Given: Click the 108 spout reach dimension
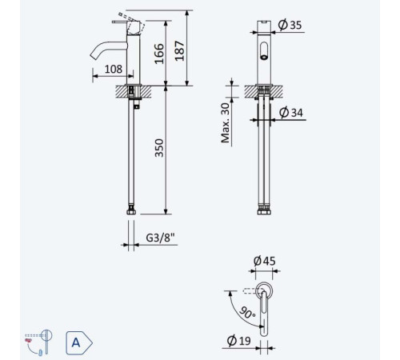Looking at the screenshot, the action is click(114, 70).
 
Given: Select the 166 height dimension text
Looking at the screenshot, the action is click(159, 54).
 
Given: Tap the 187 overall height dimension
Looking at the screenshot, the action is click(180, 50).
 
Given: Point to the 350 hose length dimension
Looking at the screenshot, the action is click(159, 148).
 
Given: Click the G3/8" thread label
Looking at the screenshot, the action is click(160, 238).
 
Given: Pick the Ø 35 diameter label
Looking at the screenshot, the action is click(290, 25).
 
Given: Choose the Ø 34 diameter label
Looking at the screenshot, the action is click(291, 112).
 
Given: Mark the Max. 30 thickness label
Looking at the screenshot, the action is click(226, 122).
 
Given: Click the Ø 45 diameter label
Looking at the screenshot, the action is click(264, 261).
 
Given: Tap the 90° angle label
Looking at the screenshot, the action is click(247, 313).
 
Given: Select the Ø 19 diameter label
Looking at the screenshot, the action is click(239, 340).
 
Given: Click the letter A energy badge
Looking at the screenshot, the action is click(79, 342).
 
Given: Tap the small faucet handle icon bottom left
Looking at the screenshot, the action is click(38, 342).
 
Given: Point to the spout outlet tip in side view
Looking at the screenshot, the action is click(94, 56).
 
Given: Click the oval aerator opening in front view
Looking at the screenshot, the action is click(264, 50).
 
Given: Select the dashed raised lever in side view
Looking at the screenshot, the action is click(132, 22).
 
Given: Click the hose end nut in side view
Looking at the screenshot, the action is click(131, 210).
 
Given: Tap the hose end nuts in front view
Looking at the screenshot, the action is click(264, 210).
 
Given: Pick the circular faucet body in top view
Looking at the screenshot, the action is click(264, 290).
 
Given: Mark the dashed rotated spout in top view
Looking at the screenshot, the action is click(250, 291).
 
